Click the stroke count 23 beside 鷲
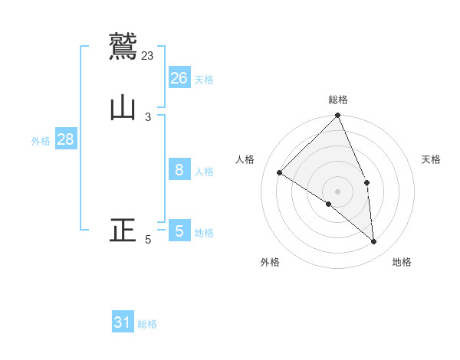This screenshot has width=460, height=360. (148, 55)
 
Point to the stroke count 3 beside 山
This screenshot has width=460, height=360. (148, 117)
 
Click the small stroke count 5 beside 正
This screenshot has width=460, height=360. (148, 240)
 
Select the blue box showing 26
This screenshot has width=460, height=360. (179, 77)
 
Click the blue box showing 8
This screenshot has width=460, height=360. (179, 170)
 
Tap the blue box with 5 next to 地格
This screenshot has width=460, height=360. (179, 231)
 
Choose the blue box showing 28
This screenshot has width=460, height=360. (65, 139)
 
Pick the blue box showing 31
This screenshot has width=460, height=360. (123, 322)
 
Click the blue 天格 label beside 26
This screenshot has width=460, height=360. (204, 80)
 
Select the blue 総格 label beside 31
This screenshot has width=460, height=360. (147, 325)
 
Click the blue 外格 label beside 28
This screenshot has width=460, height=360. (41, 142)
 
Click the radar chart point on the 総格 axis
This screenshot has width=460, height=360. (338, 116)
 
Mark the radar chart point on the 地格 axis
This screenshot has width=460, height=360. (373, 241)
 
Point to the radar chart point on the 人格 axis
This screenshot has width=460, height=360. (280, 172)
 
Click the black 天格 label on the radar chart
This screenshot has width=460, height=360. (432, 159)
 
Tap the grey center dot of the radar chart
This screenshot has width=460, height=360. (338, 191)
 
